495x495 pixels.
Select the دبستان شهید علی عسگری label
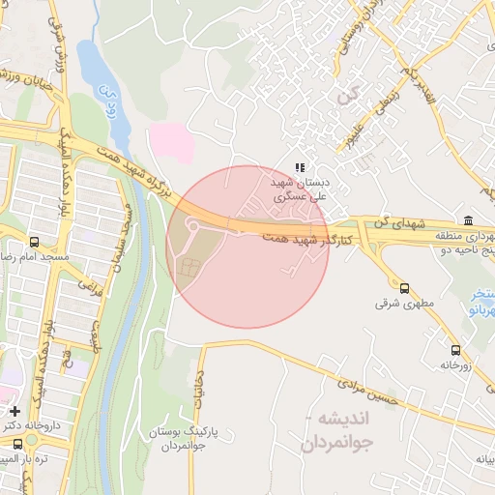click(300, 188)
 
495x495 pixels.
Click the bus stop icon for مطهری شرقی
click(404, 287)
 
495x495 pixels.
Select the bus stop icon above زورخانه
click(455, 350)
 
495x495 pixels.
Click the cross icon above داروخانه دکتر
click(15, 411)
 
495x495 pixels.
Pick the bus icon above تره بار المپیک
click(17, 444)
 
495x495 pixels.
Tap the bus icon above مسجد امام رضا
click(35, 242)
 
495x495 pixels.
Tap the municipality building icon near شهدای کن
click(468, 219)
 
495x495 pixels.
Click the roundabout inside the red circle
click(192, 228)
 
